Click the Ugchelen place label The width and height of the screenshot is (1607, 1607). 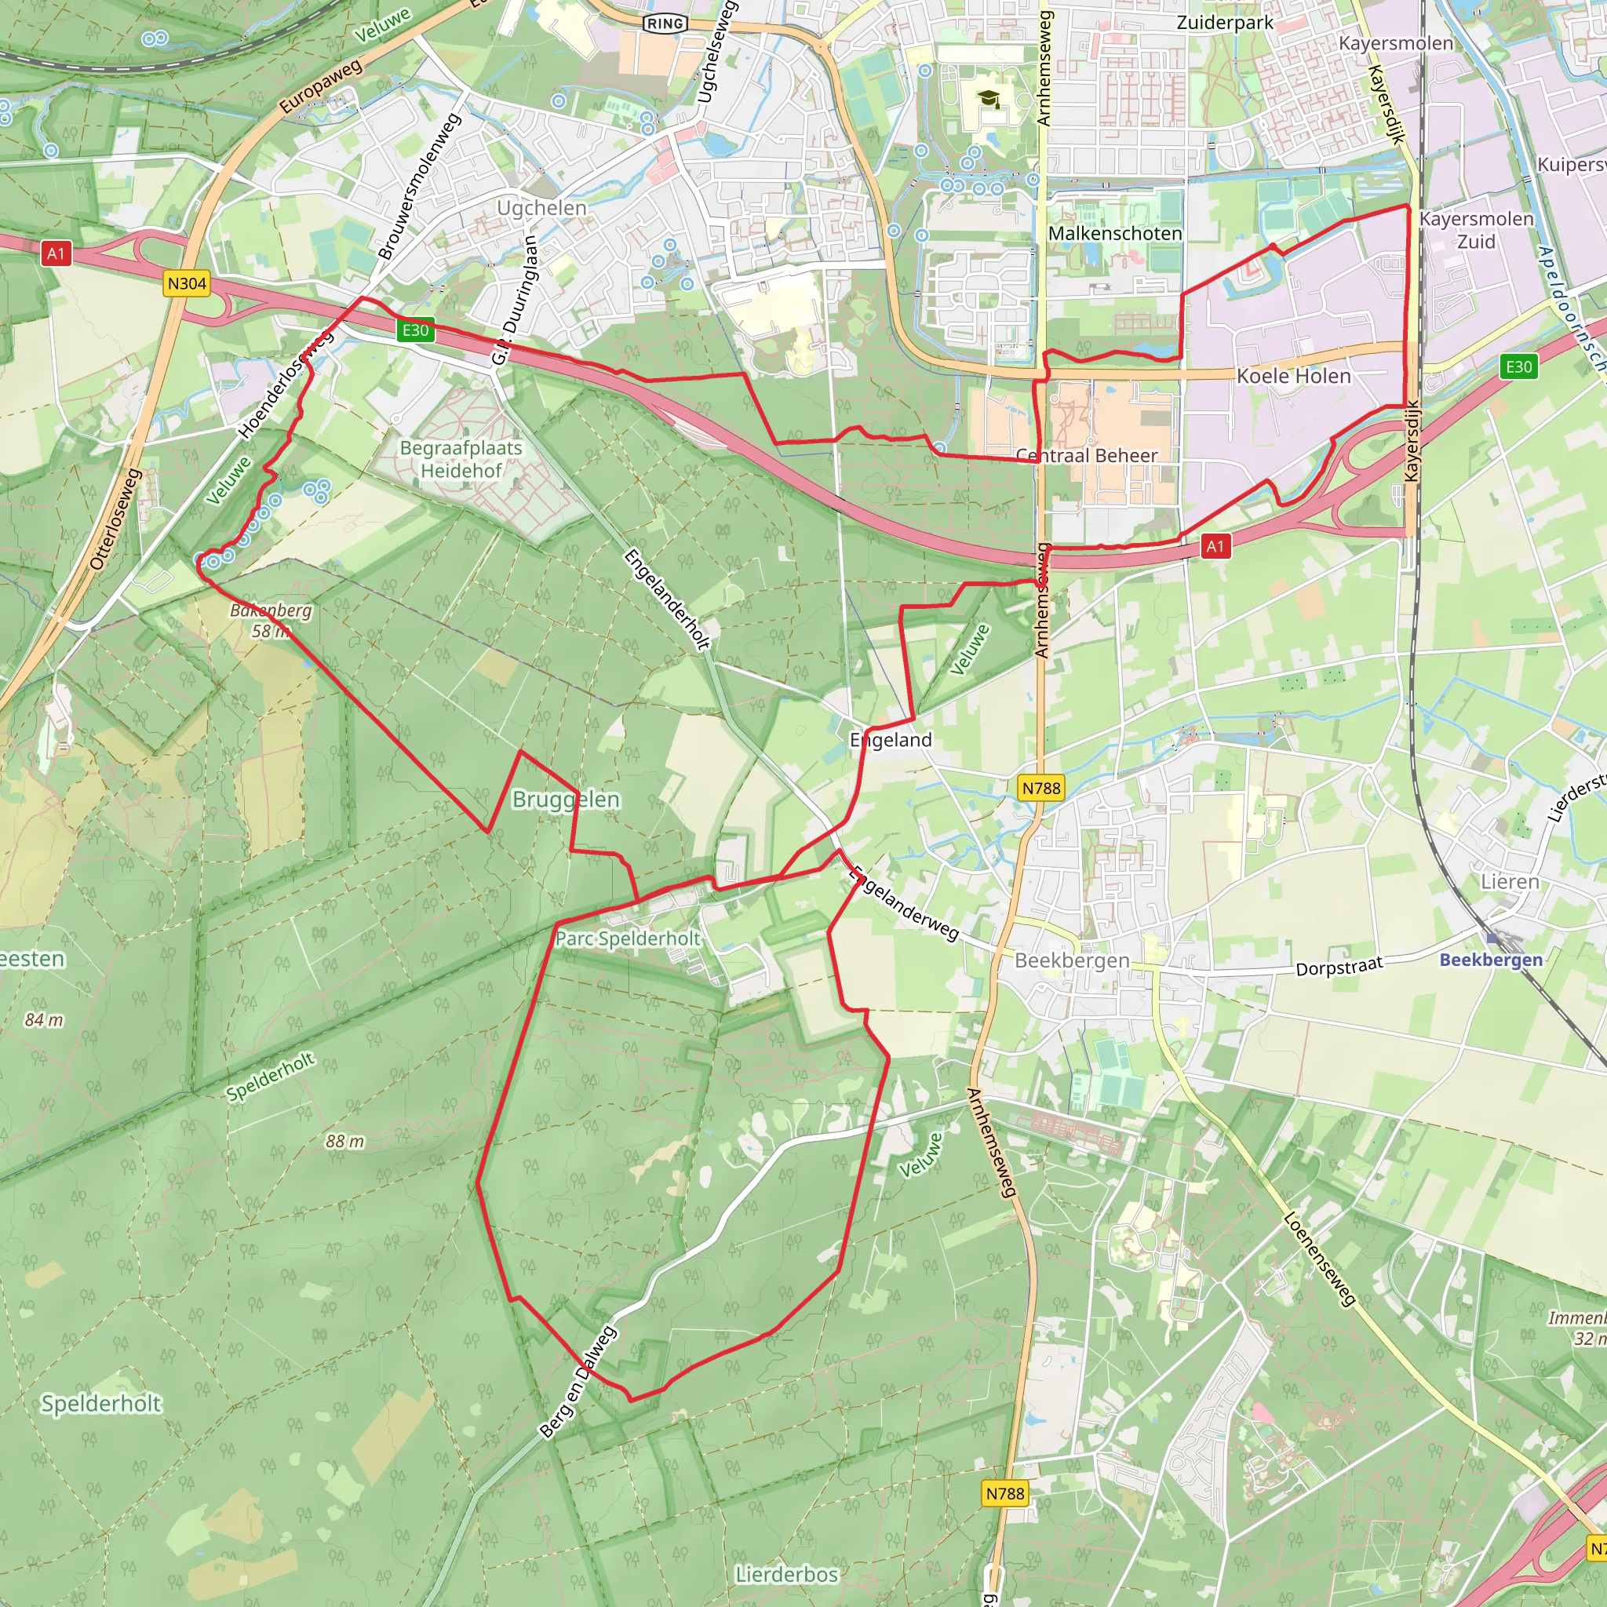click(541, 208)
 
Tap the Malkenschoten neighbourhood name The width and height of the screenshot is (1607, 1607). click(1114, 234)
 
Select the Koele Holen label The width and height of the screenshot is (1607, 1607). click(1293, 376)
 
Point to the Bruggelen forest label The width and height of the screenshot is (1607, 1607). click(566, 800)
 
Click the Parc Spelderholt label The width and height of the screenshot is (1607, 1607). click(628, 938)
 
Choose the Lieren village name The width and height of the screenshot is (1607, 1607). click(1510, 882)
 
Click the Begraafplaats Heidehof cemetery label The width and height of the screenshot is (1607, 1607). click(461, 459)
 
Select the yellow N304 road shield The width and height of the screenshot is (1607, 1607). click(186, 283)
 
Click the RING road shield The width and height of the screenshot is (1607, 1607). click(665, 24)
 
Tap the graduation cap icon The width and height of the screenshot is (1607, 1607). click(989, 100)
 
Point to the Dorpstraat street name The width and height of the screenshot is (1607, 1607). click(1339, 967)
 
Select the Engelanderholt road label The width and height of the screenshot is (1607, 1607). click(667, 599)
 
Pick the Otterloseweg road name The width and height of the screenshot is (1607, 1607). click(115, 520)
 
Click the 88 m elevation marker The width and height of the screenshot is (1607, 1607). click(344, 1141)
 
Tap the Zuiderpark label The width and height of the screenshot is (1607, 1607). click(1224, 23)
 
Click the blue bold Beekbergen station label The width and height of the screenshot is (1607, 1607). click(1491, 960)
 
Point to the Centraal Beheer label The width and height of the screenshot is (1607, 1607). click(1086, 456)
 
